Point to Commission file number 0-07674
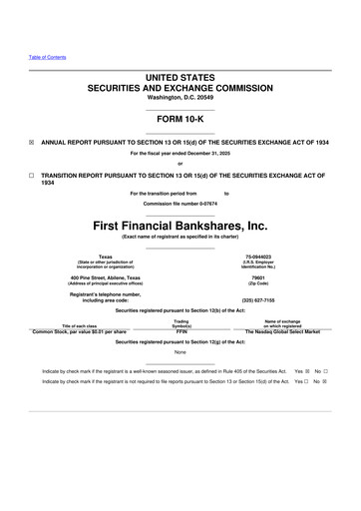click(180, 204)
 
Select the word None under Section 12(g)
click(180, 351)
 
